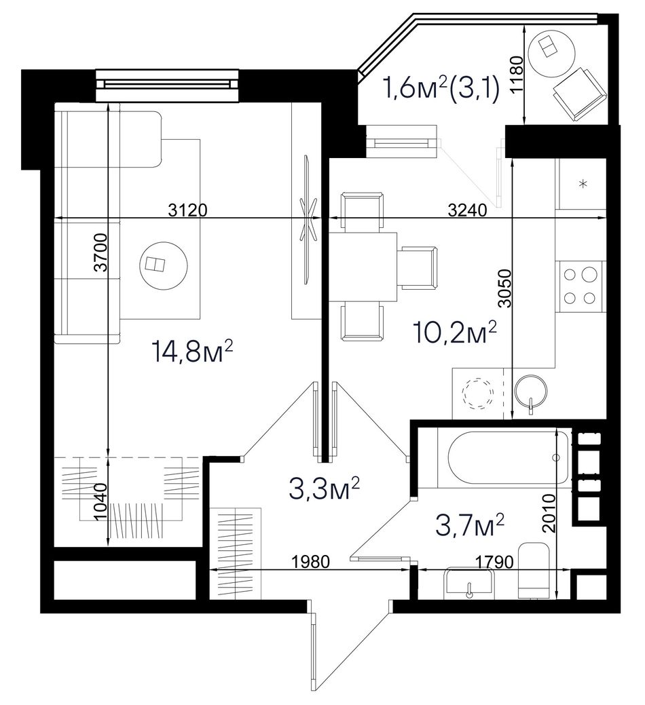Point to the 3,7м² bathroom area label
click(x=470, y=526)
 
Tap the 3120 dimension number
click(x=187, y=210)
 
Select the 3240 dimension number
click(x=467, y=210)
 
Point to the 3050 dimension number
click(x=505, y=288)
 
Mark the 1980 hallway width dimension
click(x=310, y=562)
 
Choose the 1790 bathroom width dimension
click(x=494, y=562)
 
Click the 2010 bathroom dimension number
click(x=549, y=514)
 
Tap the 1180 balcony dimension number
click(x=517, y=74)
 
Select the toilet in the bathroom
click(x=534, y=571)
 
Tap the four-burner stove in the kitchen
click(x=580, y=286)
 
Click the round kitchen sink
click(x=531, y=389)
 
